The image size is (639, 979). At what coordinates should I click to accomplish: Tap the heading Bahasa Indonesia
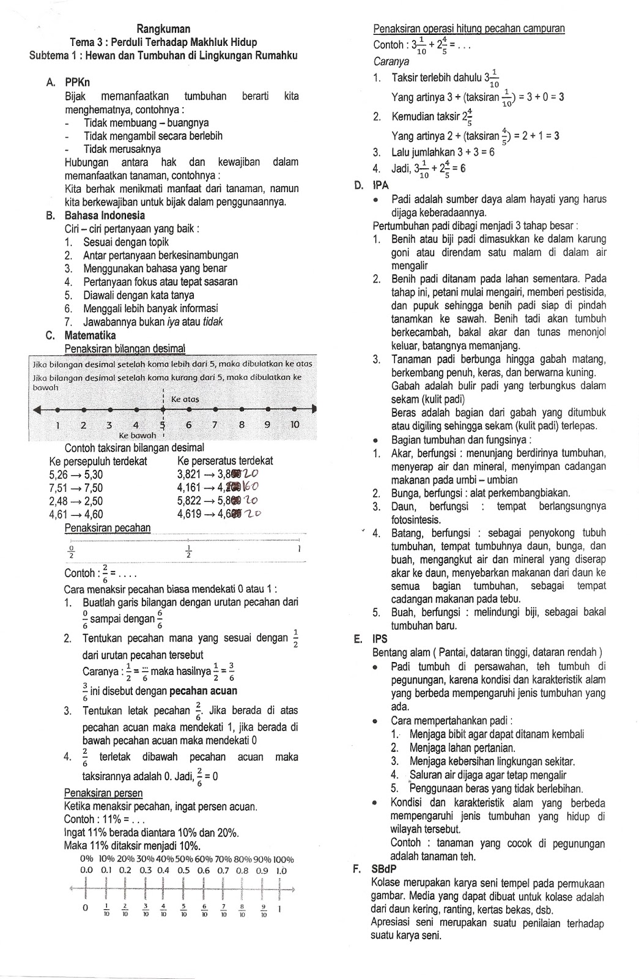coord(105,215)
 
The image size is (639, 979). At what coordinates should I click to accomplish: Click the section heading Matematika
coord(89,335)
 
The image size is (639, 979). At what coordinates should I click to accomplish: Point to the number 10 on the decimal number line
coord(294,424)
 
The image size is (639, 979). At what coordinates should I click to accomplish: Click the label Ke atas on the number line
coord(185,399)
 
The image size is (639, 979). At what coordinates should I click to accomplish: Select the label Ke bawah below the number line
coord(137,435)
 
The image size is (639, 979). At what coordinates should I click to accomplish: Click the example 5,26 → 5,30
coord(75,474)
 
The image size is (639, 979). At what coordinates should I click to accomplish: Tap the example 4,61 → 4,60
coord(75,514)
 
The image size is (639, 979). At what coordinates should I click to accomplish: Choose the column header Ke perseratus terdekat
coord(224,461)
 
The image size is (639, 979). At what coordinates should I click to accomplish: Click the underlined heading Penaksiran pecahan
coord(107,528)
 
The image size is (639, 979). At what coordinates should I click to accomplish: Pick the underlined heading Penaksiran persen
coord(103,793)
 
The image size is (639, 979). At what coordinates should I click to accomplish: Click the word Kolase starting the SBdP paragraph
coord(386,883)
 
